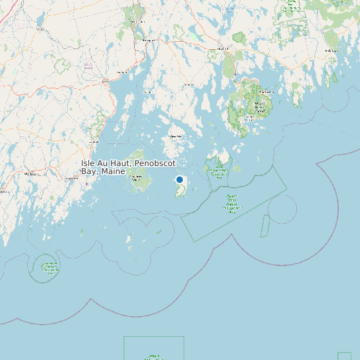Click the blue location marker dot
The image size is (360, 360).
click(x=179, y=179)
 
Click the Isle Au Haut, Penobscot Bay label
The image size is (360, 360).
click(x=128, y=167)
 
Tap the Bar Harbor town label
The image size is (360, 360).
click(x=266, y=92)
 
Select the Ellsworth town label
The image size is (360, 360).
click(x=223, y=48)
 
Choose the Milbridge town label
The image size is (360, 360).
click(x=329, y=50)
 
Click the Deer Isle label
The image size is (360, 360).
click(x=177, y=136)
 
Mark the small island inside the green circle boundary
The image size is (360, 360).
click(x=50, y=268)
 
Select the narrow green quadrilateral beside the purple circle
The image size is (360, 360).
click(x=264, y=226)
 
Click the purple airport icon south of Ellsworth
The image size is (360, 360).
click(x=234, y=74)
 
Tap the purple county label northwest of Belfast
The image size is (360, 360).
click(x=88, y=66)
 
